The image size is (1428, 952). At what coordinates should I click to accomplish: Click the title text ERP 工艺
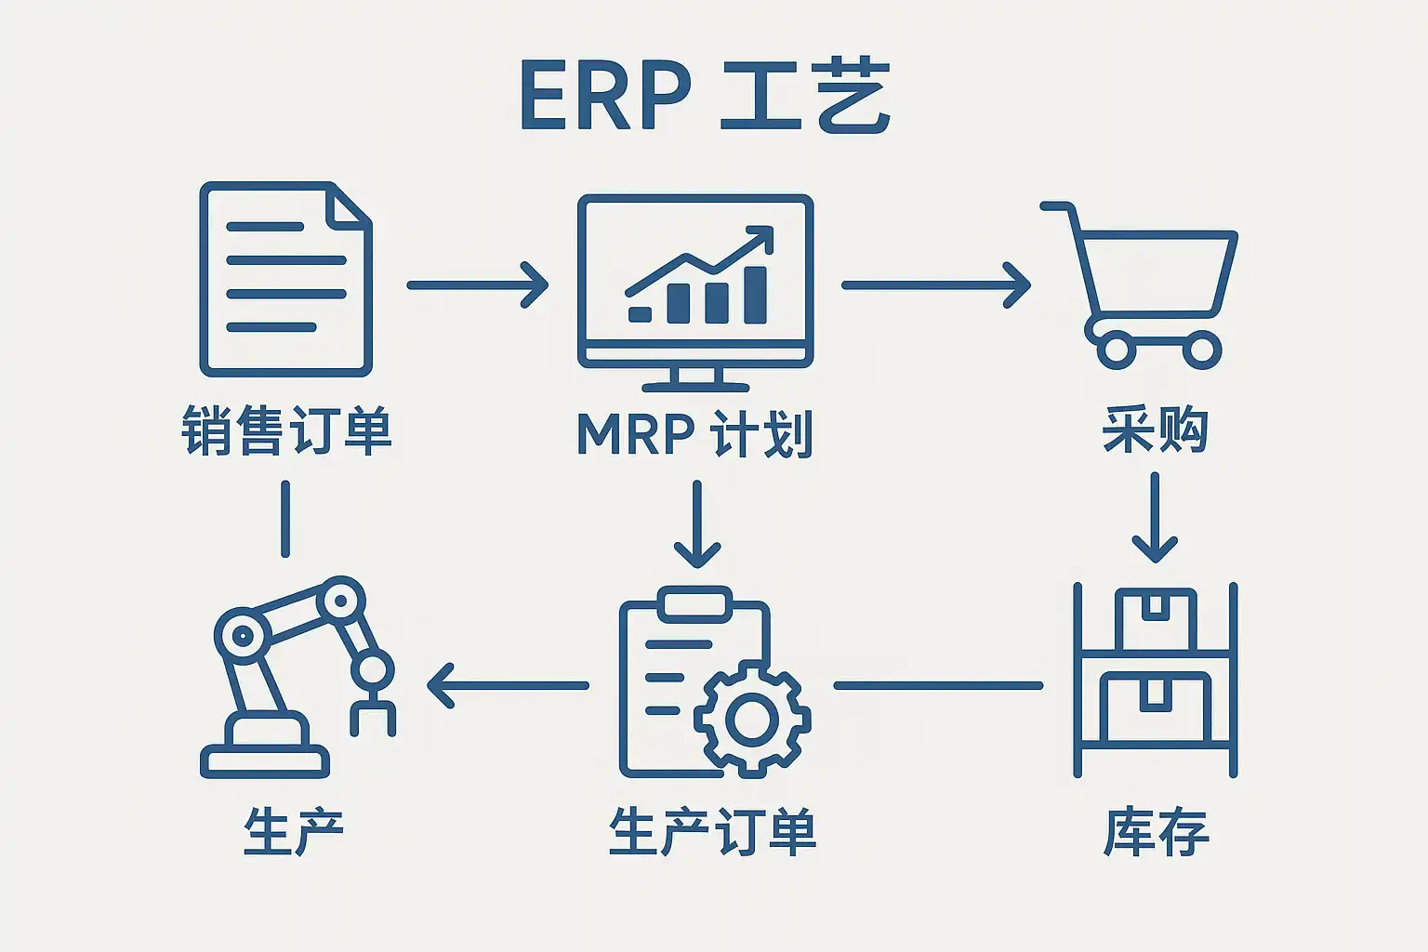click(705, 97)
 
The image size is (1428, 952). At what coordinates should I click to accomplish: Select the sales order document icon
click(285, 280)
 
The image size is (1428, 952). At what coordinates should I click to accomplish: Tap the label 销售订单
click(286, 430)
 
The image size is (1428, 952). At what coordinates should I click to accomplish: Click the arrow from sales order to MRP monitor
click(478, 284)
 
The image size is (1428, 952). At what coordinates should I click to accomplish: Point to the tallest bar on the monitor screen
click(755, 295)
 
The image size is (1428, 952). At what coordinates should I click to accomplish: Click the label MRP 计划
click(694, 433)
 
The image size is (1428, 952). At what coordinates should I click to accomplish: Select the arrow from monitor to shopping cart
click(935, 284)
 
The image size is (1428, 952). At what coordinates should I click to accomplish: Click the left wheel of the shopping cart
click(1116, 350)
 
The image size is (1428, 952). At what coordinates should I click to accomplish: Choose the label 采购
click(1155, 430)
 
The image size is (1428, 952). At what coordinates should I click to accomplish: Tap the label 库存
click(1156, 832)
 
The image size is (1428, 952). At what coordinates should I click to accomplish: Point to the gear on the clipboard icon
click(752, 719)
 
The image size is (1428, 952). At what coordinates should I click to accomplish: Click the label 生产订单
click(712, 832)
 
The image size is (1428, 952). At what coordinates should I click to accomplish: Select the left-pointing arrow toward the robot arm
click(507, 686)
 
